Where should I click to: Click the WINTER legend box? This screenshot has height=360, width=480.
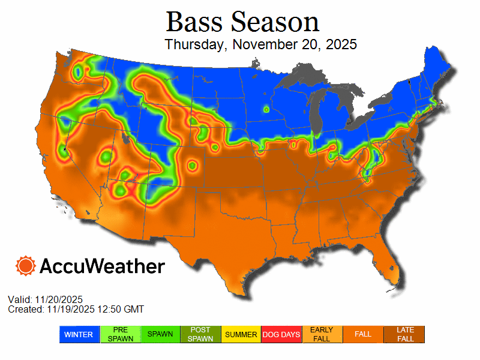click(78, 334)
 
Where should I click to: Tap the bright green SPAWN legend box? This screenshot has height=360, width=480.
click(160, 334)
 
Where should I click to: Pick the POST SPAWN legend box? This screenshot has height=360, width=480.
click(200, 334)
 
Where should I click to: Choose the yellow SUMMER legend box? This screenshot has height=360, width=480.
click(241, 334)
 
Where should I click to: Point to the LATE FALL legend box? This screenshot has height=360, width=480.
click(404, 334)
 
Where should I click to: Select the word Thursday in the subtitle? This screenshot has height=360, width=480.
click(195, 45)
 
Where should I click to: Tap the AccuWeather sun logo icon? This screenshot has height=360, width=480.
click(26, 266)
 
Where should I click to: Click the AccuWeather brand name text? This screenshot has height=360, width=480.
click(102, 266)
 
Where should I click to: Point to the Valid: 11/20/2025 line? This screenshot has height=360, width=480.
click(45, 299)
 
